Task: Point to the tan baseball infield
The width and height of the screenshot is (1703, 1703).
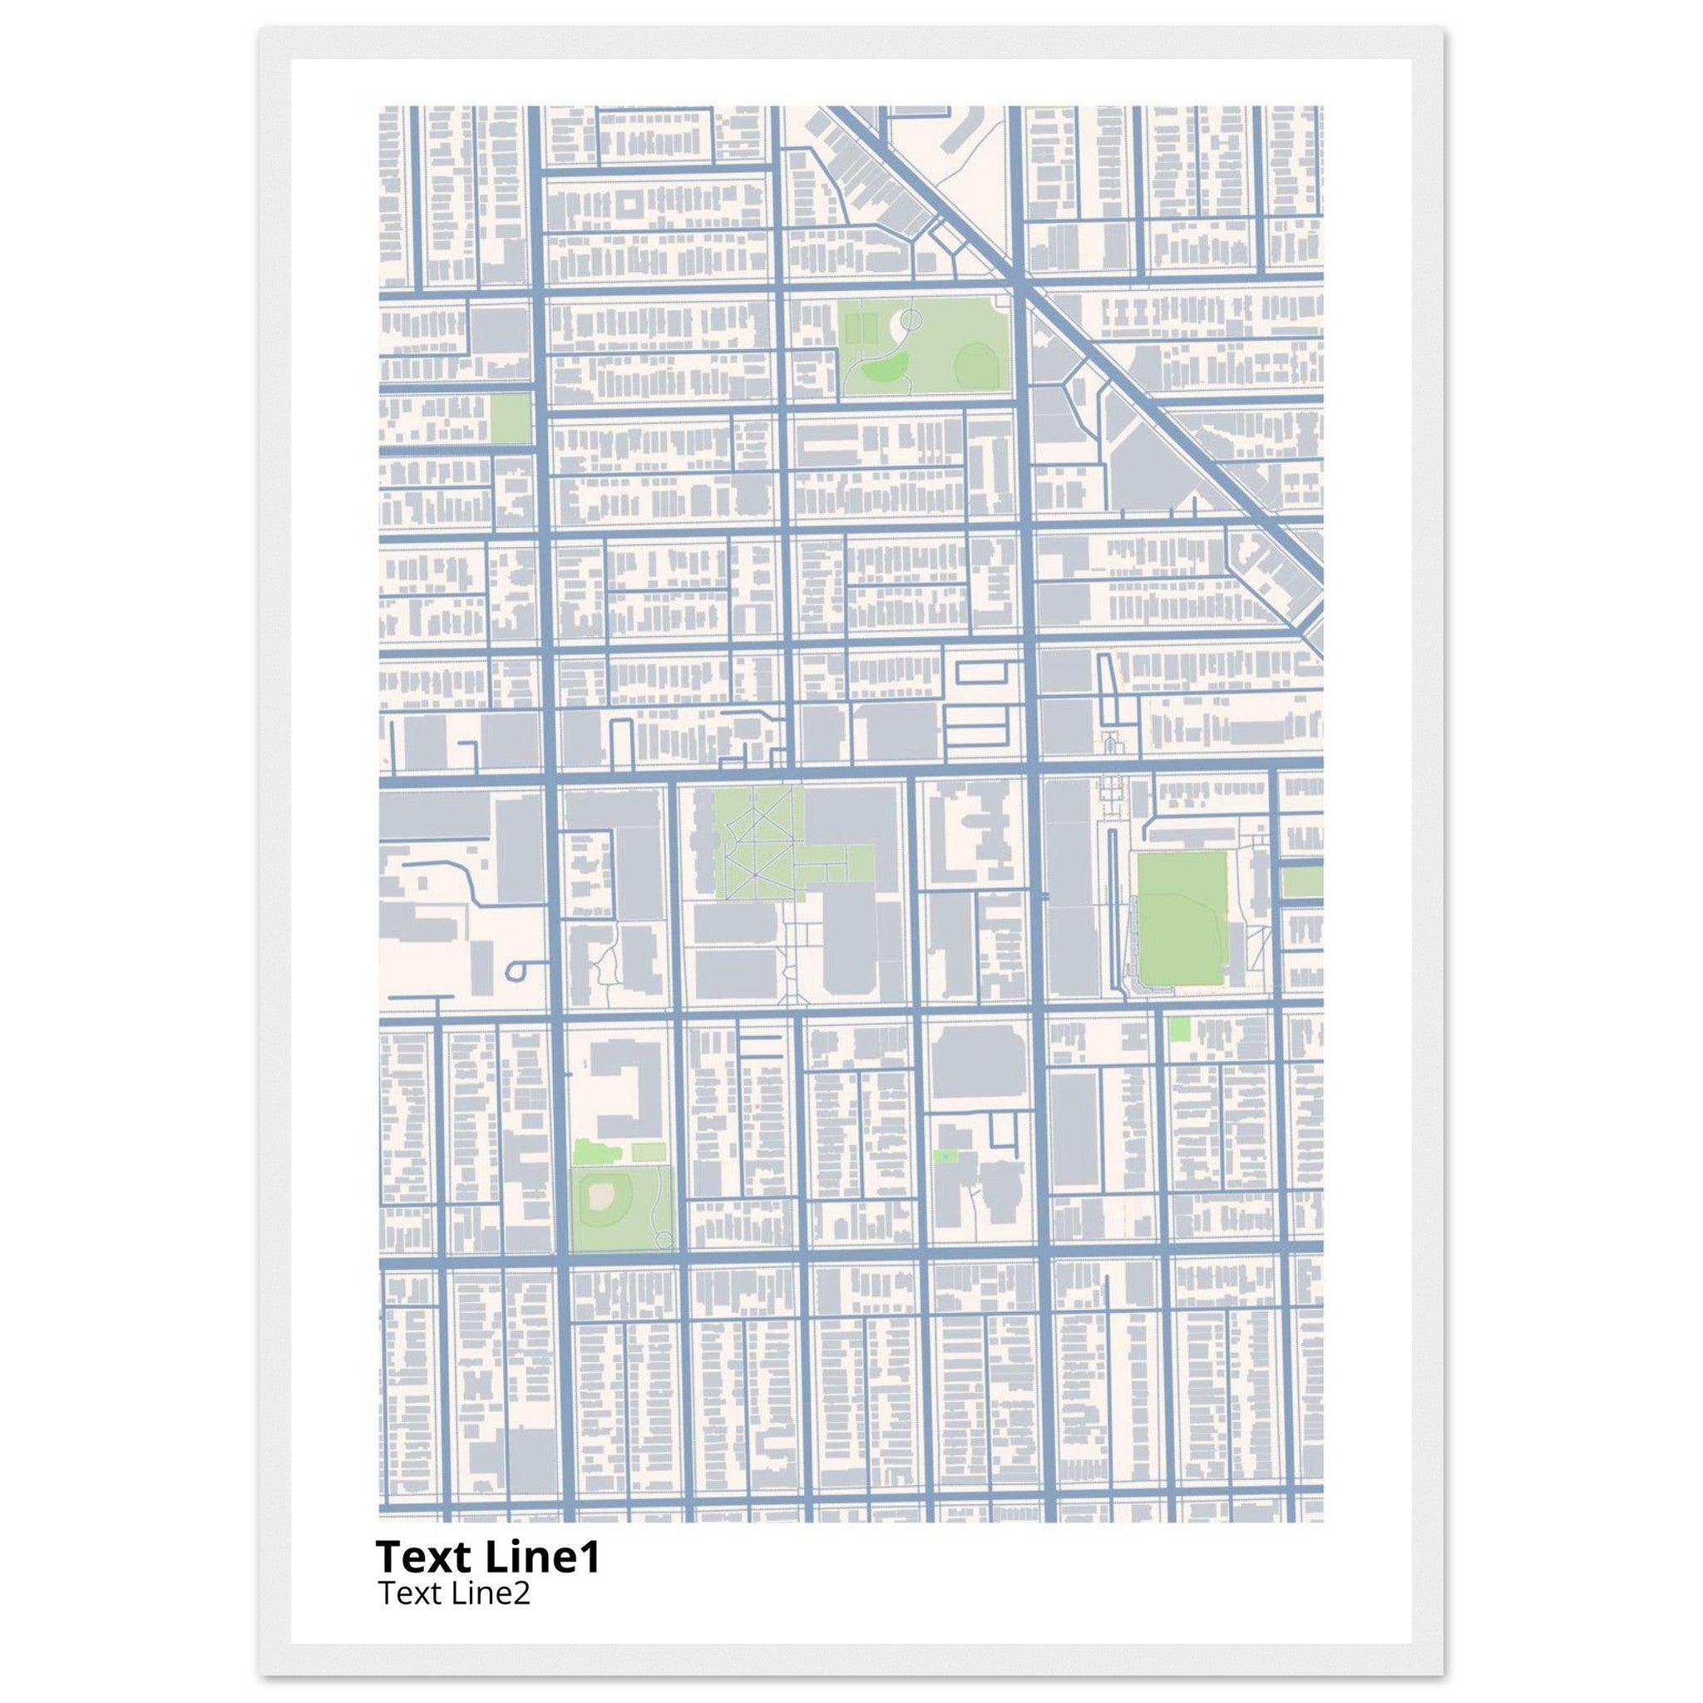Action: (602, 1196)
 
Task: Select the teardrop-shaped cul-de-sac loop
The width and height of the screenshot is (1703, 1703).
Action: (516, 971)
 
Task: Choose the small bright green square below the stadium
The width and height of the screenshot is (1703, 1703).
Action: (1179, 1029)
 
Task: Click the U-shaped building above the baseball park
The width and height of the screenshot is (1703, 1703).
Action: (628, 1088)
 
